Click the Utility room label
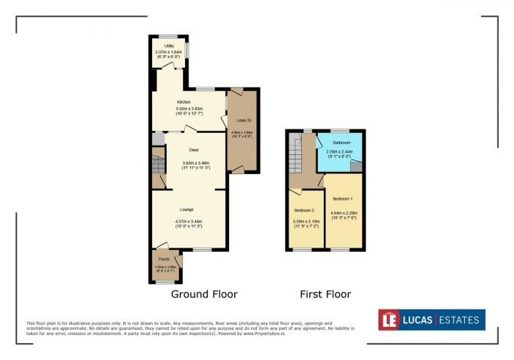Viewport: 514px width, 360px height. tap(169, 46)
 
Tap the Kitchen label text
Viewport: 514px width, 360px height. tap(184, 102)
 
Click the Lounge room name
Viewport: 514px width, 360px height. tap(187, 210)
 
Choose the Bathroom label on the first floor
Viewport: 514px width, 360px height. tap(340, 143)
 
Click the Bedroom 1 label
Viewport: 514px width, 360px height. tap(342, 199)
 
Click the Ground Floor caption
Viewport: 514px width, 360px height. tap(204, 295)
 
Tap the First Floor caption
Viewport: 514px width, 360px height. tap(325, 295)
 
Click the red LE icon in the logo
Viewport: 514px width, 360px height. tap(389, 320)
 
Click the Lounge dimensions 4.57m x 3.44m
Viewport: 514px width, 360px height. tap(189, 221)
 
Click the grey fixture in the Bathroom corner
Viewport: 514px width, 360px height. tap(356, 166)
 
